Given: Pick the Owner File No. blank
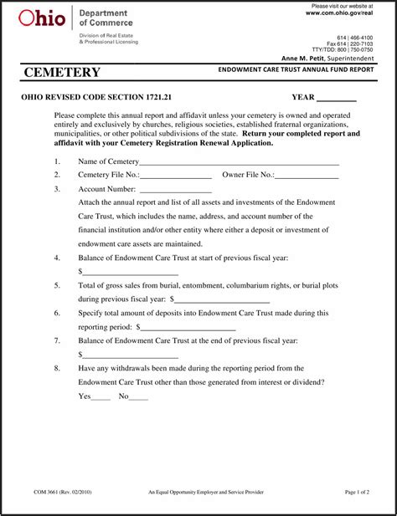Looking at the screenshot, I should point(307,176).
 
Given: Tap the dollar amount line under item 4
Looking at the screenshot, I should point(131,272).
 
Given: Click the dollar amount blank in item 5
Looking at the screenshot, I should point(222,299).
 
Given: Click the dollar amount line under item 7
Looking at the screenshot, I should point(131,354).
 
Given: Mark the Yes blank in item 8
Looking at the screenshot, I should point(101,396).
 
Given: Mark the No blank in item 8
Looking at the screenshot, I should point(138,396).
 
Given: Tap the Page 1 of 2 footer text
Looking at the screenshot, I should point(357,493).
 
